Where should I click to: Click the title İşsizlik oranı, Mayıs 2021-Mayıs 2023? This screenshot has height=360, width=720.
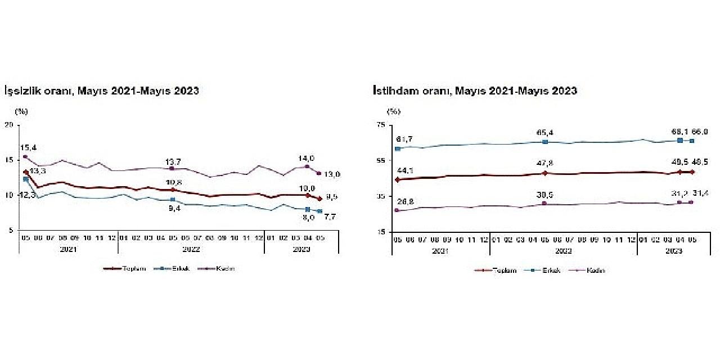(x=102, y=91)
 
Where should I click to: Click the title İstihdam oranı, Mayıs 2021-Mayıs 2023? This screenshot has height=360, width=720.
(x=475, y=91)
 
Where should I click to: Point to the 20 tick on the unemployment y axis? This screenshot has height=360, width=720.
(x=10, y=125)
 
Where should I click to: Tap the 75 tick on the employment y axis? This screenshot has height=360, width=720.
(x=381, y=125)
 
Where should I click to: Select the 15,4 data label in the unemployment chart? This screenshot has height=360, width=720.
(x=29, y=147)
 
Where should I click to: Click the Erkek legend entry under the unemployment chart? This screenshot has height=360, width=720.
(x=180, y=268)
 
